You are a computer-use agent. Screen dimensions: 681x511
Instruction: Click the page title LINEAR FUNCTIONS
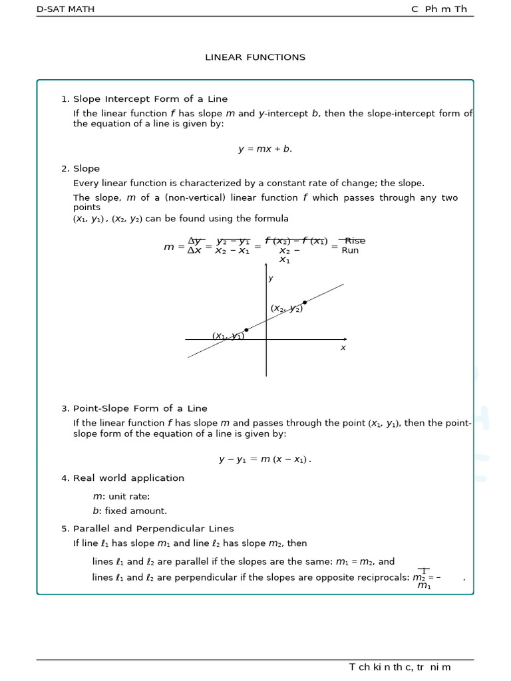pos(255,57)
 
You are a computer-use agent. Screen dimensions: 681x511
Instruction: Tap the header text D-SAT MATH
pos(65,9)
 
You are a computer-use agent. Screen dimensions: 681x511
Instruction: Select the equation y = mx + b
pos(265,149)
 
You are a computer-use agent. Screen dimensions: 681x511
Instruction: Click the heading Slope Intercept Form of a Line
pos(150,99)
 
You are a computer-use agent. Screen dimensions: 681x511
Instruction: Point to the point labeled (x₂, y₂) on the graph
pos(305,303)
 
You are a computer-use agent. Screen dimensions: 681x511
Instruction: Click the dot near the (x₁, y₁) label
pos(246,330)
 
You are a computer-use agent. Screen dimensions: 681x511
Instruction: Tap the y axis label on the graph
pos(271,279)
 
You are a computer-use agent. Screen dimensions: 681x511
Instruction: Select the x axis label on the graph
pos(343,348)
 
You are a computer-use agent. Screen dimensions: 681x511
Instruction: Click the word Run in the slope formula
pos(350,251)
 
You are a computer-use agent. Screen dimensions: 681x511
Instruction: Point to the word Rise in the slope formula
pos(355,241)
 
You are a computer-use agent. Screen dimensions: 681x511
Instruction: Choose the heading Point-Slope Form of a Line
pos(140,408)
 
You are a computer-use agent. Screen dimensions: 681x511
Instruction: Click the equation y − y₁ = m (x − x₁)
pos(265,459)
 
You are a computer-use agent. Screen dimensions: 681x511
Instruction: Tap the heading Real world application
pos(128,478)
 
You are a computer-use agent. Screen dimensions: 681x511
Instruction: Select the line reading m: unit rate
pos(121,496)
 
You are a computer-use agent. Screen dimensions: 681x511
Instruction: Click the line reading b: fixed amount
pos(130,511)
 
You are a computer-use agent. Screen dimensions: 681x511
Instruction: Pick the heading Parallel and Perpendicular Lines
pos(153,529)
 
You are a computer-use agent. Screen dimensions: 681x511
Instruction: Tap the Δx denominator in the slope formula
pos(194,251)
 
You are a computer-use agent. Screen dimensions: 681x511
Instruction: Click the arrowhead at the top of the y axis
pos(266,265)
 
